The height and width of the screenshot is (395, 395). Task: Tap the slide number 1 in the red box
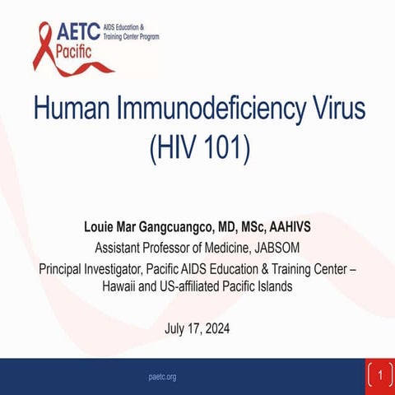tap(379, 375)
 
